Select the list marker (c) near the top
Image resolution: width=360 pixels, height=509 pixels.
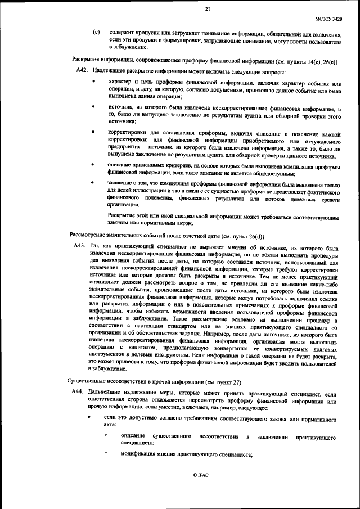pyautogui.click(x=96, y=33)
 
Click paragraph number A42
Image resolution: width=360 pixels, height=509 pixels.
pyautogui.click(x=82, y=71)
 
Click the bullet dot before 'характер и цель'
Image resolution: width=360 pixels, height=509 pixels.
pyautogui.click(x=93, y=83)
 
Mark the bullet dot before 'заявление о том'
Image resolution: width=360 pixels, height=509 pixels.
pyautogui.click(x=93, y=183)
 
